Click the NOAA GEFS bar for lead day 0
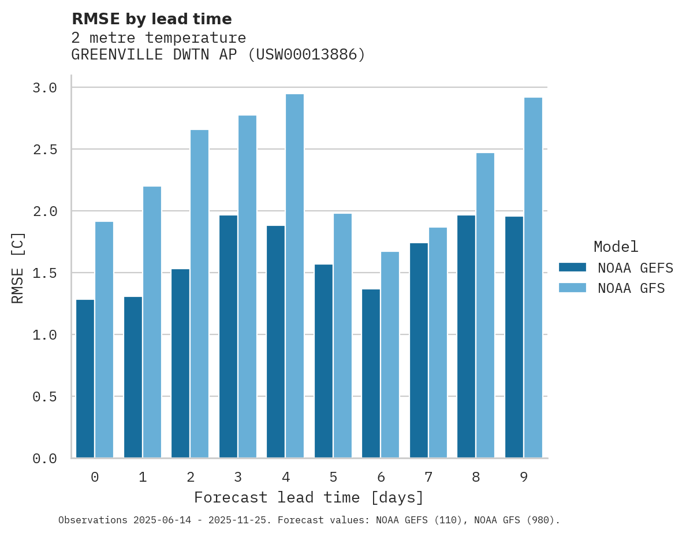85,378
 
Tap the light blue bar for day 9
533,278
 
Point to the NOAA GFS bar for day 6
390,355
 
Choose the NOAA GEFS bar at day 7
419,350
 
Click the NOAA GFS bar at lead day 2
199,294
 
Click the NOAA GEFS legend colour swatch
572,267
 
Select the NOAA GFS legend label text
631,288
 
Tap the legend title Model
616,247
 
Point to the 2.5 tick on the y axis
44,150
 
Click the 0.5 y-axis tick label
44,397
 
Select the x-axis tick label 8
476,477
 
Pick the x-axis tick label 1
143,477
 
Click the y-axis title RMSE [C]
18,267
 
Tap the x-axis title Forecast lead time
309,497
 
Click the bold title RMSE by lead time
151,19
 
